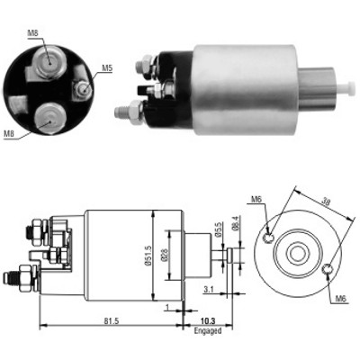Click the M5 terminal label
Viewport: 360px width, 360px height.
pos(107,68)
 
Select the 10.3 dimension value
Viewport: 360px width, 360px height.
pos(208,321)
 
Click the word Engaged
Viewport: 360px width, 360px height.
pos(208,331)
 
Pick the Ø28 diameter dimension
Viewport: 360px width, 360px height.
pos(165,256)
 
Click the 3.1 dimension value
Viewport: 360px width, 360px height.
pos(208,290)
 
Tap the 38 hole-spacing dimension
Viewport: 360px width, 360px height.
pos(326,202)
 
